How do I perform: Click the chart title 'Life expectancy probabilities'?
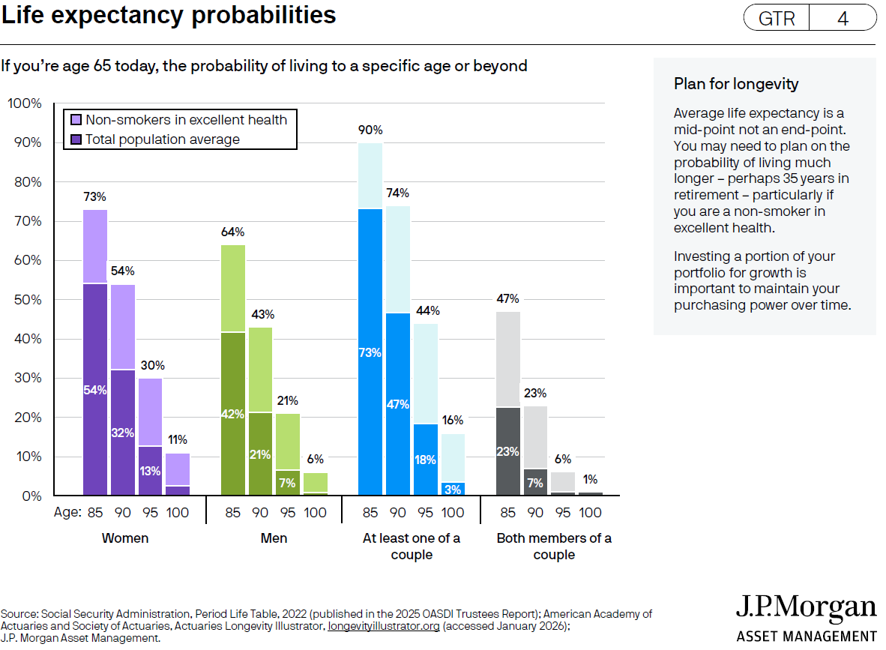[x=169, y=16]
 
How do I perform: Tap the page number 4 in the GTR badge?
[x=843, y=19]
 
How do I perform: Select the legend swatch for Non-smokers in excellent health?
[x=76, y=120]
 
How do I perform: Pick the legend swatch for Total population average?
[x=76, y=139]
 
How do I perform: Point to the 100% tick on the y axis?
[x=25, y=103]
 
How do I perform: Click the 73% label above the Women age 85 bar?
[x=95, y=198]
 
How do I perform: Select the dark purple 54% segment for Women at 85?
[x=95, y=389]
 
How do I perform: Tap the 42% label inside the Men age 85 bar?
[x=233, y=413]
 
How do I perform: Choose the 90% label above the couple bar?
[x=370, y=130]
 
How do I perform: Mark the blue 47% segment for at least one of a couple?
[x=398, y=404]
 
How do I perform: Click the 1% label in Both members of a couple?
[x=590, y=480]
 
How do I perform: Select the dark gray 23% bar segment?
[x=508, y=451]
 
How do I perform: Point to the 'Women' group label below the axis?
[x=125, y=538]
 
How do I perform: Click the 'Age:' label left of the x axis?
[x=67, y=514]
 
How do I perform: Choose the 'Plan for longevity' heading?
[x=736, y=84]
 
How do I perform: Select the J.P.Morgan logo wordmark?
[x=806, y=608]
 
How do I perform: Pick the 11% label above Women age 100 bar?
[x=178, y=440]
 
